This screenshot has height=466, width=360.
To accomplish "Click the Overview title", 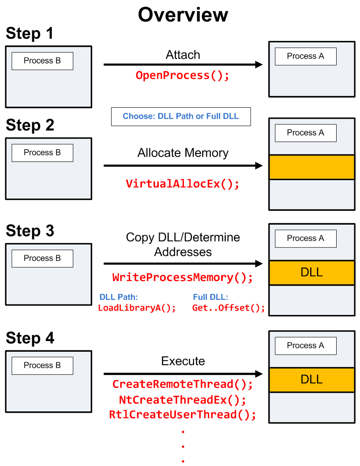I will pyautogui.click(x=183, y=15).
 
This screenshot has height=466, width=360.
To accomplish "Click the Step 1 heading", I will pyautogui.click(x=30, y=34).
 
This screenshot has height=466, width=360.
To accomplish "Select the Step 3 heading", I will pyautogui.click(x=30, y=231).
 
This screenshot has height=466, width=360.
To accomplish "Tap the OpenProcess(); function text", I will pyautogui.click(x=183, y=75).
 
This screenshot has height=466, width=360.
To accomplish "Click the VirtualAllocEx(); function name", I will pyautogui.click(x=183, y=184).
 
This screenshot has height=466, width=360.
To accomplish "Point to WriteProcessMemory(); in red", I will pyautogui.click(x=183, y=278).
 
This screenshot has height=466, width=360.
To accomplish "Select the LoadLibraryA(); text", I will pyautogui.click(x=137, y=308).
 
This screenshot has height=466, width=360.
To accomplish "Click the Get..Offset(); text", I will pyautogui.click(x=229, y=308).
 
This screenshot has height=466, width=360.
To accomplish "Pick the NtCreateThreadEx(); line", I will pyautogui.click(x=183, y=400).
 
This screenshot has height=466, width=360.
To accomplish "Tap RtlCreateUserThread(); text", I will pyautogui.click(x=183, y=415).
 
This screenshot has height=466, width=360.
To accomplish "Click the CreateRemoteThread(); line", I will pyautogui.click(x=183, y=384).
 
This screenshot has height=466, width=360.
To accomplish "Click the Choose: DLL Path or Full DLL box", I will pyautogui.click(x=181, y=116).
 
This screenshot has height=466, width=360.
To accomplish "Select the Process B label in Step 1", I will pyautogui.click(x=42, y=61).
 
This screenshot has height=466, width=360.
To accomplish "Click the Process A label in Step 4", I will pyautogui.click(x=305, y=346).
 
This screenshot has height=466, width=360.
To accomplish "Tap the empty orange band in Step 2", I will pyautogui.click(x=312, y=167).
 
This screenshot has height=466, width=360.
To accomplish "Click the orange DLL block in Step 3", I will pyautogui.click(x=312, y=272).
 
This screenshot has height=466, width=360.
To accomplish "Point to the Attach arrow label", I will pyautogui.click(x=183, y=55).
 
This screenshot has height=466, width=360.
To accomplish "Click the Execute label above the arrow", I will pyautogui.click(x=183, y=361).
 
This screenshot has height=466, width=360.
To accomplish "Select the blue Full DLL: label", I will pyautogui.click(x=210, y=297).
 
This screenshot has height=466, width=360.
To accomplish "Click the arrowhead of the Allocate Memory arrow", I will pyautogui.click(x=259, y=166).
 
